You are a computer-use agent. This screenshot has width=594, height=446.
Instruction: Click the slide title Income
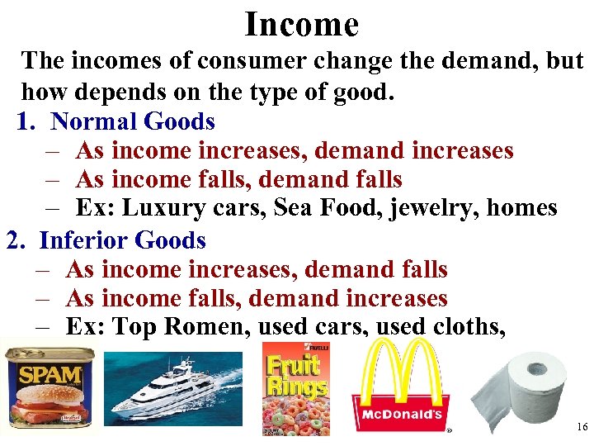coord(302,25)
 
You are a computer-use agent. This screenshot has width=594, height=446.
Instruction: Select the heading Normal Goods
coord(133,122)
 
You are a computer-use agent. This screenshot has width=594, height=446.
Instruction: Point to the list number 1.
coord(26,122)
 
